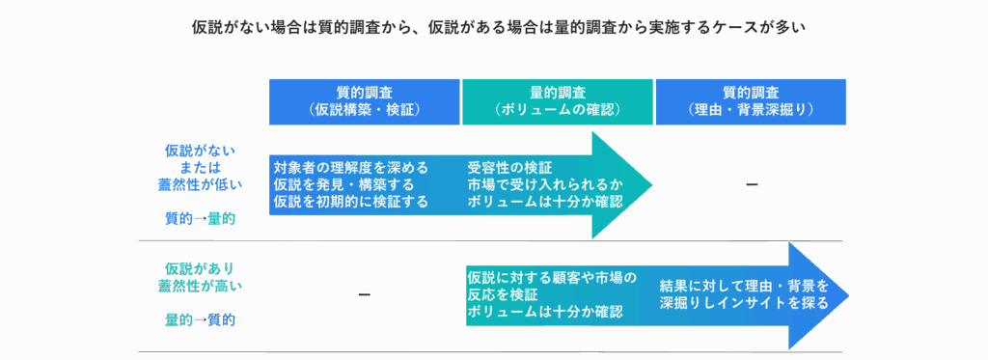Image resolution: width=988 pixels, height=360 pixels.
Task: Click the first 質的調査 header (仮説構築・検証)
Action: tap(364, 100)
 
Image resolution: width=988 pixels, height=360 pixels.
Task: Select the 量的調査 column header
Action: tap(557, 100)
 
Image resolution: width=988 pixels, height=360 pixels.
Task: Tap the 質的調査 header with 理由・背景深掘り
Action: tap(751, 100)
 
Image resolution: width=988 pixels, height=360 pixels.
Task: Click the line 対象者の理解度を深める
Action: tap(350, 167)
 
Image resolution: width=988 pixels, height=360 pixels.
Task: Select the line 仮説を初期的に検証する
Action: tap(350, 202)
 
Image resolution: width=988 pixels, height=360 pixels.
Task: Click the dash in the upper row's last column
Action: tap(751, 183)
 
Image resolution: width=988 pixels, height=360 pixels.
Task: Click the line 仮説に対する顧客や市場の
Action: tap(551, 278)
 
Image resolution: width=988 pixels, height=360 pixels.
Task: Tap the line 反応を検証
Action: tap(503, 295)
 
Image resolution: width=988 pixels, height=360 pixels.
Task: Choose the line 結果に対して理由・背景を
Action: tap(744, 286)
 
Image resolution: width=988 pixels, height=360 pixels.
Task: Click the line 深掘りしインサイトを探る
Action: tap(744, 303)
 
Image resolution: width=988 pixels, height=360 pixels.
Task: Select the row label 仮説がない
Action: tap(200, 151)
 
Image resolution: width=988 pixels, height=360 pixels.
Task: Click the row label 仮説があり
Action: tap(200, 267)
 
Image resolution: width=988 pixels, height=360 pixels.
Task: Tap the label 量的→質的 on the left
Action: tap(200, 319)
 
